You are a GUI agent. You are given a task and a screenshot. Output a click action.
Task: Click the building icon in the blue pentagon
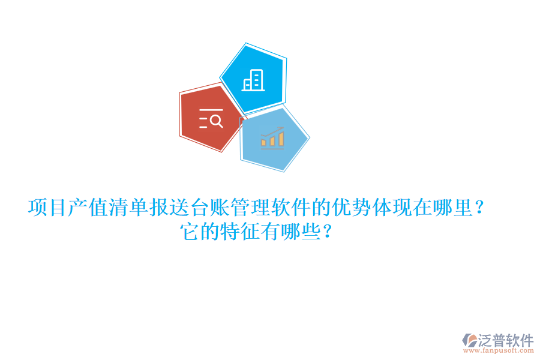click(253, 80)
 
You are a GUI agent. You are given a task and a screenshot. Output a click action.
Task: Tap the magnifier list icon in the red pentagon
click(211, 119)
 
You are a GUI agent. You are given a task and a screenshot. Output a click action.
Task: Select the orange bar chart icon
click(272, 139)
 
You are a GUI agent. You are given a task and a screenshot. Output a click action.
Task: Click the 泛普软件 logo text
click(506, 341)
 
